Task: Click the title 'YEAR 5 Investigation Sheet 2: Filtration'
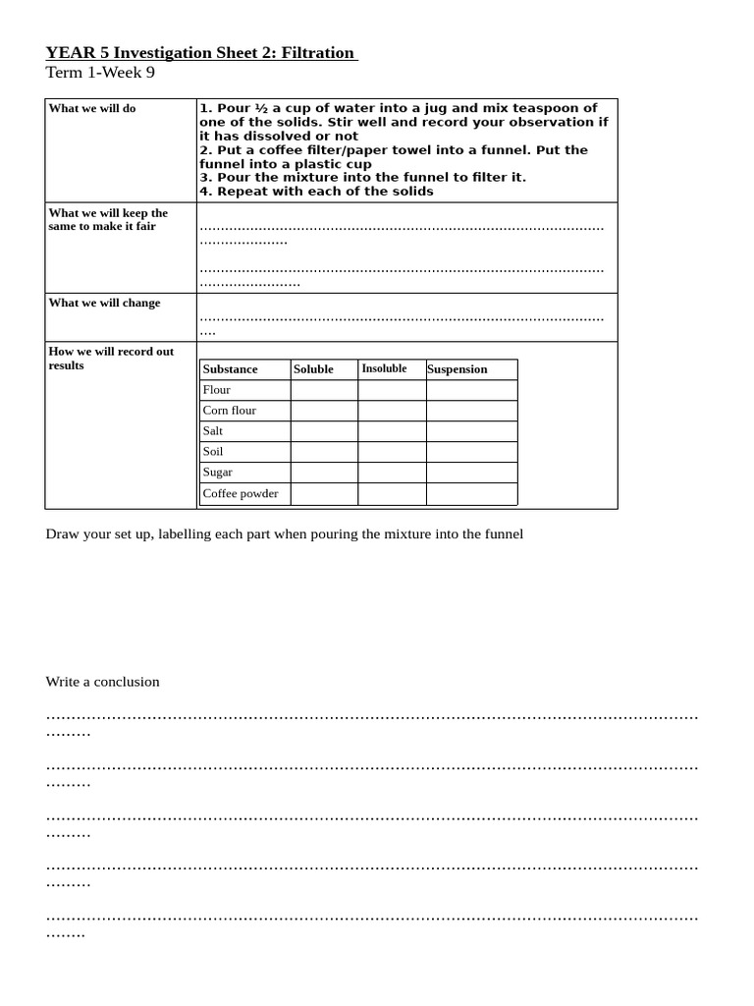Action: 200,53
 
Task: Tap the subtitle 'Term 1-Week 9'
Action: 100,73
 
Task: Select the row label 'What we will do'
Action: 92,108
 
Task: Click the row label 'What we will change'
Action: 104,303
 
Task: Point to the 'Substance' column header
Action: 230,369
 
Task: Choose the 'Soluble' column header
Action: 313,369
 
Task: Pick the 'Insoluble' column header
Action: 384,368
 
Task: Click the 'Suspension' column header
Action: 457,369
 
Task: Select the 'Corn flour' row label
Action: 229,411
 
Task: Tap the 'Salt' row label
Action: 213,431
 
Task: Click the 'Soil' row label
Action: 213,452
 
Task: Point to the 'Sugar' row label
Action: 218,473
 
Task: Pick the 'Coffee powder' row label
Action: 241,493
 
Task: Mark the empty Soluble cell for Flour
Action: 324,390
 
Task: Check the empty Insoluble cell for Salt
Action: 392,431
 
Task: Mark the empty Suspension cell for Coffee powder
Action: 471,493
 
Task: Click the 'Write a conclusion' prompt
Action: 102,682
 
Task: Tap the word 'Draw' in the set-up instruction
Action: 61,534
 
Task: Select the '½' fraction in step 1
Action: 261,108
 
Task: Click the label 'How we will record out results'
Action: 111,358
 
